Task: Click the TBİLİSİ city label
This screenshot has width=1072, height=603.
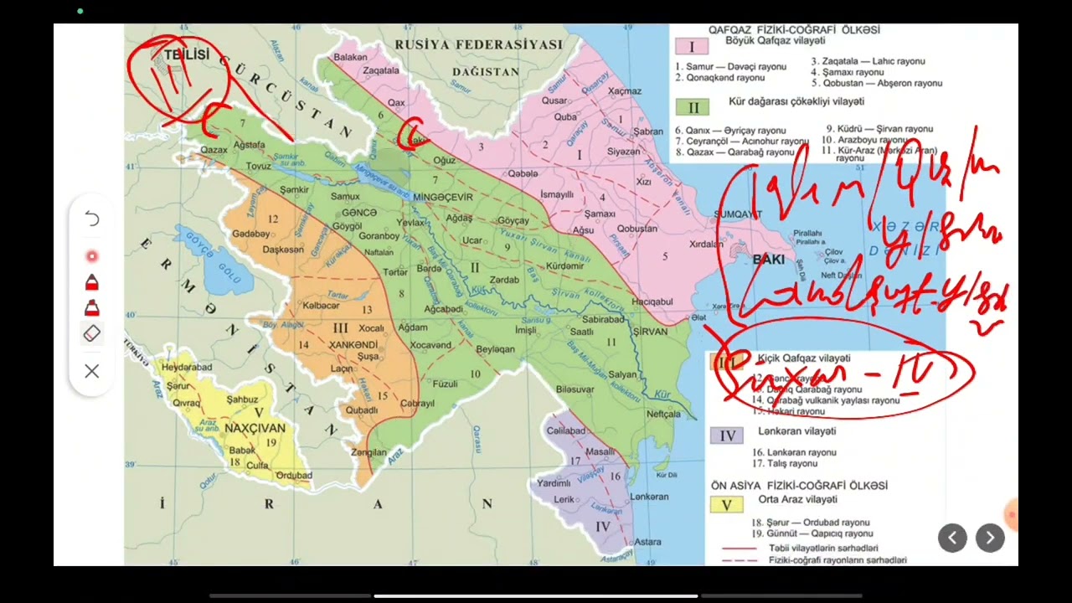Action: (186, 55)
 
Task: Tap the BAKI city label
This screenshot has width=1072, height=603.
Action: (768, 260)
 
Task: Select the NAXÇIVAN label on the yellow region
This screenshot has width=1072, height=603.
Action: (255, 428)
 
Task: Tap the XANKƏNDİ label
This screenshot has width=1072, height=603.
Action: (353, 345)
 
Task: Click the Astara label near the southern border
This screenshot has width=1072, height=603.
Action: (647, 542)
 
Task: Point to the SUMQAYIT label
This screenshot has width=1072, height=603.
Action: (738, 214)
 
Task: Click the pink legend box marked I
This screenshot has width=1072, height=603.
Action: (692, 47)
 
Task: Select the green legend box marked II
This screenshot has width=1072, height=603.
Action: (693, 107)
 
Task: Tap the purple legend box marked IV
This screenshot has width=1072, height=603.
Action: (726, 435)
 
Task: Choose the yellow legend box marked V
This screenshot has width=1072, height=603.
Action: (726, 505)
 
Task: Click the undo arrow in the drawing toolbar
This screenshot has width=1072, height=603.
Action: (92, 219)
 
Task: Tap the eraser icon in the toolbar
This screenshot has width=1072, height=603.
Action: (92, 333)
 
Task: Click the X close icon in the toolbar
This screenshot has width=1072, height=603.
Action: (92, 371)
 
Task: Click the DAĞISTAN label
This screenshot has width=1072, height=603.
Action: (486, 72)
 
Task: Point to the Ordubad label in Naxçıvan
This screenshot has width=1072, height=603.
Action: (293, 476)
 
